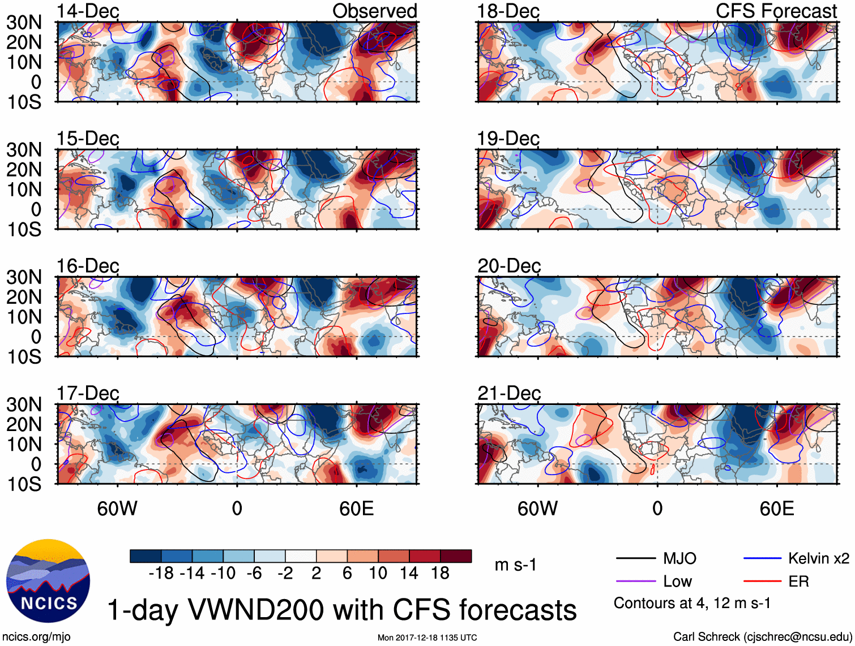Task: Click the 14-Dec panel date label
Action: click(88, 11)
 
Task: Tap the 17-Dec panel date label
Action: click(88, 393)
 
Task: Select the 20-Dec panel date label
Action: click(508, 266)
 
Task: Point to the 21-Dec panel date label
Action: click(508, 393)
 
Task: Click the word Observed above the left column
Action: click(374, 11)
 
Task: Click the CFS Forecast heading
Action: click(776, 11)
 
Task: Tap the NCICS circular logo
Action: click(48, 581)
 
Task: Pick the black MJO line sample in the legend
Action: click(635, 559)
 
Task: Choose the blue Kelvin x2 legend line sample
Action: click(762, 559)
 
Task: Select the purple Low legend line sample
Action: click(635, 581)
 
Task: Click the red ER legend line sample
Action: click(762, 581)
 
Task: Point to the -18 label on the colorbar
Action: click(161, 574)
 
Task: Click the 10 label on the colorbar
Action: click(378, 574)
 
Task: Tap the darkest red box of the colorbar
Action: click(456, 556)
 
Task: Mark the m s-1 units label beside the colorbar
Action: click(515, 565)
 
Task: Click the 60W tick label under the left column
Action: click(117, 509)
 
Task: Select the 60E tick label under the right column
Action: click(776, 509)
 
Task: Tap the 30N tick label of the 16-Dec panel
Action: click(24, 277)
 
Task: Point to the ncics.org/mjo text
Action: click(37, 637)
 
